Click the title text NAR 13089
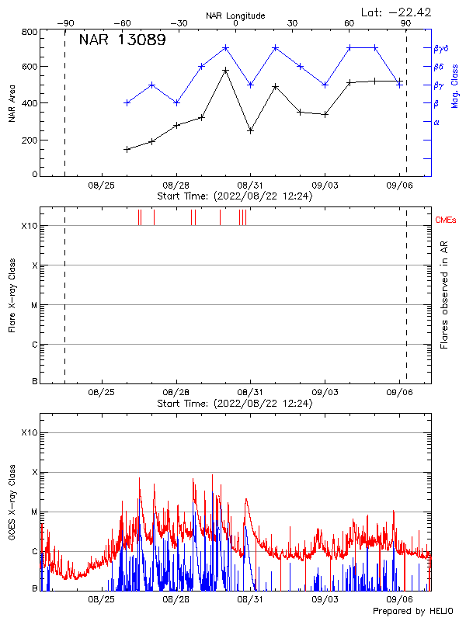click(x=122, y=40)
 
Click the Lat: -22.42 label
click(x=397, y=12)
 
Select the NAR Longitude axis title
click(x=235, y=16)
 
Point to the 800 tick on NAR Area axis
click(x=30, y=32)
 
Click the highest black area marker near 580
click(x=225, y=71)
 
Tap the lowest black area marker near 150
click(x=127, y=149)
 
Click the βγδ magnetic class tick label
click(x=441, y=48)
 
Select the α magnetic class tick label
click(x=436, y=122)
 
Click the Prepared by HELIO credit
click(x=414, y=612)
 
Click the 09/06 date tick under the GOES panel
click(x=399, y=599)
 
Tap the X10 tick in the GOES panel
click(x=29, y=432)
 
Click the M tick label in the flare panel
click(x=34, y=305)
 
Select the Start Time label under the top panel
click(x=235, y=196)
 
